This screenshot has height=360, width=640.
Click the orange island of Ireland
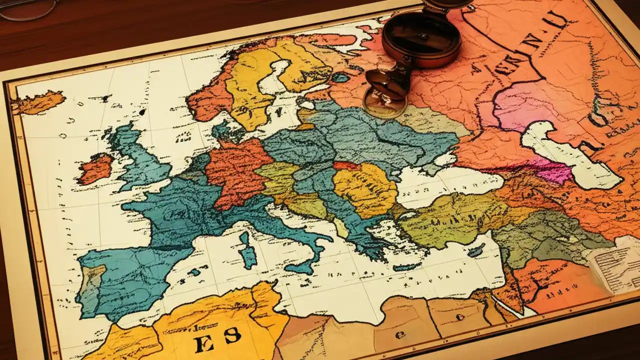coord(95,168)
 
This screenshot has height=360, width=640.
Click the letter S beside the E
coord(232,335)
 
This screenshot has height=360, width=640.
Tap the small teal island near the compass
coord(340,77)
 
